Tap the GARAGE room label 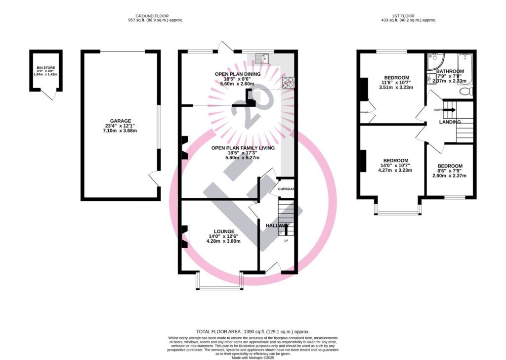pyautogui.click(x=121, y=121)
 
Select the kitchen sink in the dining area pyautogui.click(x=261, y=58)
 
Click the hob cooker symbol pyautogui.click(x=288, y=83)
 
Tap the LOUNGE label pyautogui.click(x=224, y=231)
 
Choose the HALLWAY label pyautogui.click(x=277, y=225)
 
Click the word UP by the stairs pyautogui.click(x=286, y=241)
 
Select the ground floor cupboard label pyautogui.click(x=286, y=189)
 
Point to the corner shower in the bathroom pyautogui.click(x=435, y=61)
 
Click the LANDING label pyautogui.click(x=450, y=122)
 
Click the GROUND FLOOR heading pyautogui.click(x=152, y=15)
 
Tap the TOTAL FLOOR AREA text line pyautogui.click(x=253, y=332)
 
